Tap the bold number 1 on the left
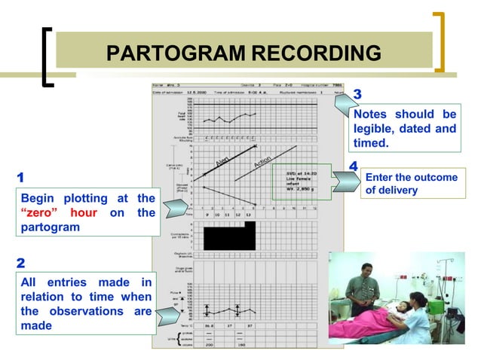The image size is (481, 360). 20,178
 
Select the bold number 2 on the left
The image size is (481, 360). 21,264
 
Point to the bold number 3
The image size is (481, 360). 357,94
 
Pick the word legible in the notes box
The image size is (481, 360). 376,129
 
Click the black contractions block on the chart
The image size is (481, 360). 224,239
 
